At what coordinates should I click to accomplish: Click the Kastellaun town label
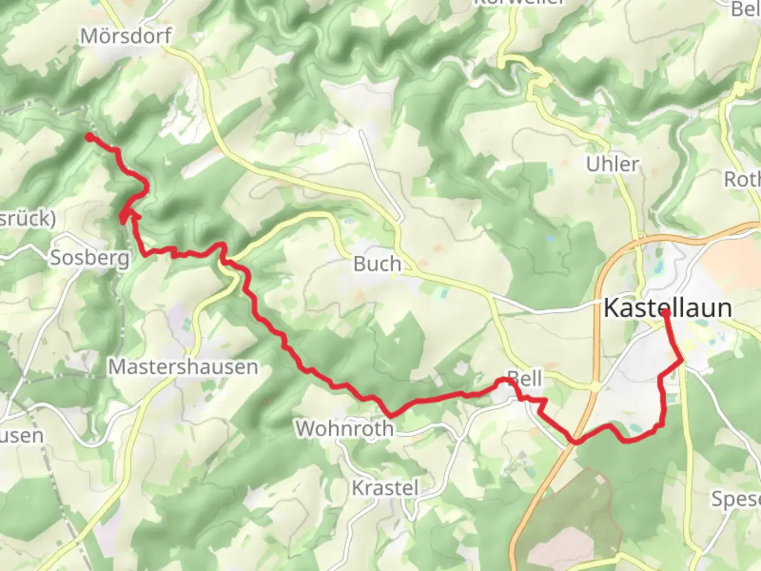click(x=667, y=308)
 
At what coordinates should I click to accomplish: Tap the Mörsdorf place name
click(x=126, y=36)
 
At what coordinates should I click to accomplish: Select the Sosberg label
click(x=89, y=258)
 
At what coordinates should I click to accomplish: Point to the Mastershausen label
click(x=183, y=366)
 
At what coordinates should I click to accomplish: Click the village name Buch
click(x=377, y=264)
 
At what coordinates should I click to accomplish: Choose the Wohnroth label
click(x=344, y=428)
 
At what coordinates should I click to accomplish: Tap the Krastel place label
click(x=385, y=487)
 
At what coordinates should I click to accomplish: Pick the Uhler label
click(x=612, y=164)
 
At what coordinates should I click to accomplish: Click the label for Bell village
click(x=525, y=379)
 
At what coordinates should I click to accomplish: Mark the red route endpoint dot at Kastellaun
click(x=666, y=313)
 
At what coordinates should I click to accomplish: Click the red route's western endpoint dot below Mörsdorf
click(x=89, y=137)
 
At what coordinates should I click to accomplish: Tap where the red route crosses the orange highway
click(x=575, y=441)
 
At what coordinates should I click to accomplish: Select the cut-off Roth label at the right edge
click(x=742, y=179)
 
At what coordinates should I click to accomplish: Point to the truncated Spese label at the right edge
click(x=736, y=499)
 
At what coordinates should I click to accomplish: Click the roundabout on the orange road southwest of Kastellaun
click(x=596, y=388)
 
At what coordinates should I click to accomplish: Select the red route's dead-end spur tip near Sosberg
click(x=122, y=222)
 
